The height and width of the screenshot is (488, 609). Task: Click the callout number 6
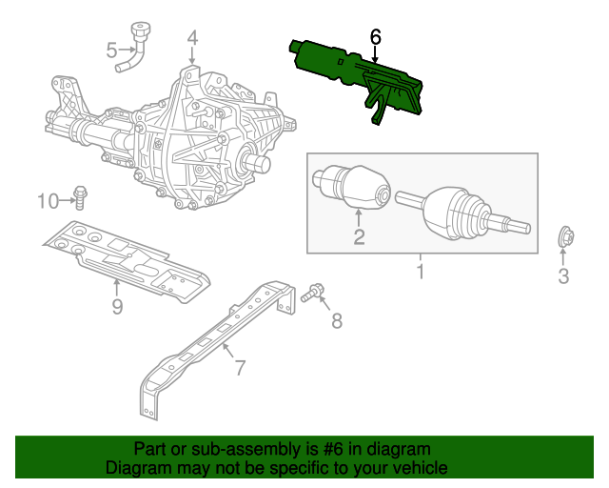pos(376,37)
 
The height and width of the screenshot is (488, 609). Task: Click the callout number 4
pos(192,38)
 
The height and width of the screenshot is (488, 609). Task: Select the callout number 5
pos(112,51)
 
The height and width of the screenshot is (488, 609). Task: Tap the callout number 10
pos(49,201)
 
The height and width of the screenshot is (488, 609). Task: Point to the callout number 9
pos(117,306)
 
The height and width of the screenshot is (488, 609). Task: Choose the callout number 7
pos(241,368)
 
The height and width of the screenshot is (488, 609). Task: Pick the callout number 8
pos(337,320)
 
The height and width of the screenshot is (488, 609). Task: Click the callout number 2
pos(359,236)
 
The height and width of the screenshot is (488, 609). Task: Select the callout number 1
pos(421,272)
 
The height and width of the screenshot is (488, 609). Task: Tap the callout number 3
pos(563,275)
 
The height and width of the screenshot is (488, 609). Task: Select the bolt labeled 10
pos(80,198)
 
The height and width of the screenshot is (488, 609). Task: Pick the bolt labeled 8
pos(313,294)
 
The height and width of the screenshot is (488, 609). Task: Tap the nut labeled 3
pos(565,236)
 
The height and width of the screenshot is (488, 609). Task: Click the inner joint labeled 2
pos(351,188)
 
